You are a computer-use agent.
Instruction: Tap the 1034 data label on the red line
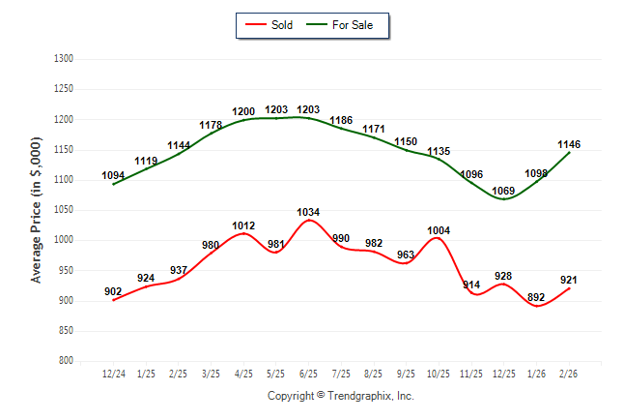pyautogui.click(x=308, y=212)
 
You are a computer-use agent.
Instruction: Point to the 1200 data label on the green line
pyautogui.click(x=243, y=112)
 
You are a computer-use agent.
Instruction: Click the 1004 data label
pyautogui.click(x=439, y=230)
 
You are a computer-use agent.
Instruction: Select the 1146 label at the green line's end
pyautogui.click(x=569, y=145)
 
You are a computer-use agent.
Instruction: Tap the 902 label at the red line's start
pyautogui.click(x=113, y=291)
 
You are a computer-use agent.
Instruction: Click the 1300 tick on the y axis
pyautogui.click(x=65, y=59)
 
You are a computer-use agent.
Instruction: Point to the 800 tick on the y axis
pyautogui.click(x=67, y=361)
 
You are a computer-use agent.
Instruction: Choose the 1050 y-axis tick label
pyautogui.click(x=65, y=210)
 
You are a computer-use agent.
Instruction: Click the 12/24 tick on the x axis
pyautogui.click(x=113, y=374)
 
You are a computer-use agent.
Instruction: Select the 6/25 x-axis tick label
pyautogui.click(x=308, y=374)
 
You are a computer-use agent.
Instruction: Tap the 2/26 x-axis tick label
pyautogui.click(x=569, y=374)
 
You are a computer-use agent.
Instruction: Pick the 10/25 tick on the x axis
pyautogui.click(x=439, y=374)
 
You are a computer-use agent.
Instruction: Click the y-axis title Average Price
pyautogui.click(x=37, y=210)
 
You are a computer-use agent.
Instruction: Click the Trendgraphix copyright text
pyautogui.click(x=340, y=397)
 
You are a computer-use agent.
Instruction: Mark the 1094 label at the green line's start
pyautogui.click(x=113, y=176)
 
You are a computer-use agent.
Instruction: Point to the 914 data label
pyautogui.click(x=471, y=285)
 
